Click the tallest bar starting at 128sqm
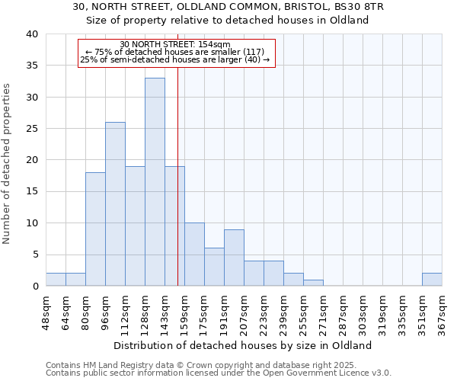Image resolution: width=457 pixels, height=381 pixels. (155, 182)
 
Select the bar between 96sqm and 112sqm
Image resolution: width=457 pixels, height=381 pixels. (115, 204)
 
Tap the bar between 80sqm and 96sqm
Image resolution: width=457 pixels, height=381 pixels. (95, 229)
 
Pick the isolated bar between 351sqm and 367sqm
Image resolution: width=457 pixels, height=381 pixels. (432, 280)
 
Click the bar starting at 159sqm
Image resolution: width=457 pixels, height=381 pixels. (194, 255)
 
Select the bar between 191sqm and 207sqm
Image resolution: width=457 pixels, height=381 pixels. (234, 258)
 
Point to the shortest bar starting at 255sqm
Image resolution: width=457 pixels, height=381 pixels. (313, 283)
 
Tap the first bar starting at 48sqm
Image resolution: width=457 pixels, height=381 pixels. (56, 280)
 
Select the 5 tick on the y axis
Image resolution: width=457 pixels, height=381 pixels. (34, 255)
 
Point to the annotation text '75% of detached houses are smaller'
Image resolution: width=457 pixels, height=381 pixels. (176, 52)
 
